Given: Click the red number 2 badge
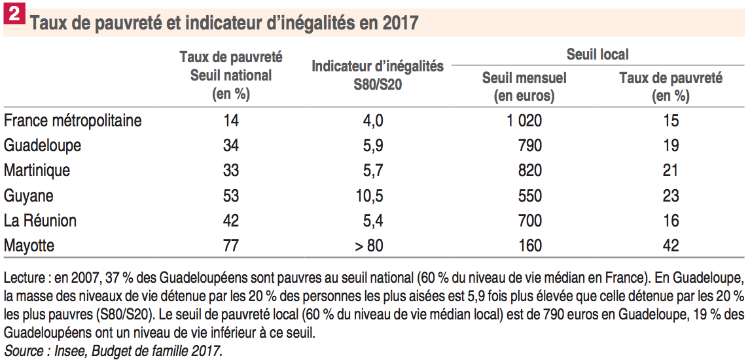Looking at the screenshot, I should click(13, 14).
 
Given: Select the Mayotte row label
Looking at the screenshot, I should click(29, 245).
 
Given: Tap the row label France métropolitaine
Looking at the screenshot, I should click(73, 120).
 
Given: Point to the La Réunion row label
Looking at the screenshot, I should click(40, 221).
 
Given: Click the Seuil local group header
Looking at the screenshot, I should click(598, 55).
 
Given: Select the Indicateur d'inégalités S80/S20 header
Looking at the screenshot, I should click(378, 75).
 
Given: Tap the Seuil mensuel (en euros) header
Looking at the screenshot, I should click(524, 87).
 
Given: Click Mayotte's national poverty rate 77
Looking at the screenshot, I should click(230, 245).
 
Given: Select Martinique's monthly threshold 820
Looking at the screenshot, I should click(529, 170).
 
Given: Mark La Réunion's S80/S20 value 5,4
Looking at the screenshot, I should click(373, 221).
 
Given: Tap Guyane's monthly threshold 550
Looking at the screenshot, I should click(529, 196).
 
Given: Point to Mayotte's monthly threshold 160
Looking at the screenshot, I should click(529, 245).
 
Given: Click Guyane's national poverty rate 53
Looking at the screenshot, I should click(230, 196).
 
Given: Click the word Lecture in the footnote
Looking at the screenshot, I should click(24, 274).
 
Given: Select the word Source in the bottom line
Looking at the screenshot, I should click(21, 350).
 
